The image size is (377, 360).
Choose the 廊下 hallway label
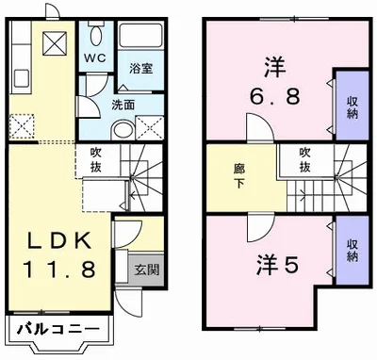coord(239,175)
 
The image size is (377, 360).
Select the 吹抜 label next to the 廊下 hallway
coord(306,160)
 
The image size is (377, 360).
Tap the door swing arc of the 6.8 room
coord(255,127)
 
